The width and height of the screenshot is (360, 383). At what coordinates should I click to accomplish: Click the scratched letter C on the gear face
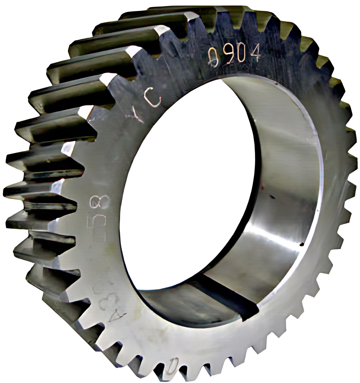point(155,100)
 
